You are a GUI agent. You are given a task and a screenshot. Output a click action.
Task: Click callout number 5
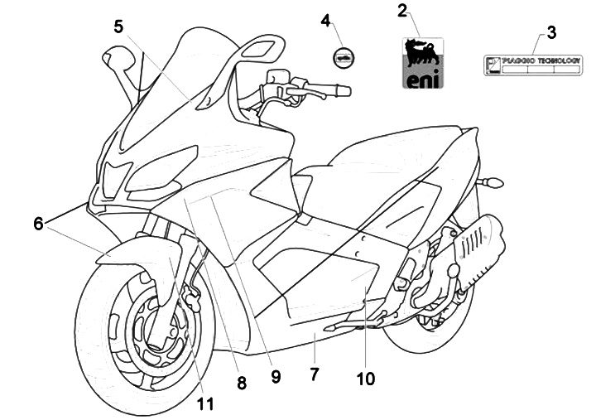click(x=119, y=26)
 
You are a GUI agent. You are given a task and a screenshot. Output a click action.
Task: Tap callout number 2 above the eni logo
click(x=402, y=11)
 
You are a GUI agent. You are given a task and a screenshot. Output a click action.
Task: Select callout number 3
click(x=551, y=32)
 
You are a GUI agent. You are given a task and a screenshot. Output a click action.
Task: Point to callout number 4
click(x=325, y=18)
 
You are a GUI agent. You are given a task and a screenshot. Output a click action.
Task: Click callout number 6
click(x=38, y=223)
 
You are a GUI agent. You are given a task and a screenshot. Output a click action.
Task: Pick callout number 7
click(x=314, y=374)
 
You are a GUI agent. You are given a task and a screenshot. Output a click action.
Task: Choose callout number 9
click(x=276, y=376)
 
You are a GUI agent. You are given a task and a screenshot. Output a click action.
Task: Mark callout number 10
click(x=365, y=379)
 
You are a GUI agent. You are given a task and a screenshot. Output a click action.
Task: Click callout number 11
click(x=205, y=403)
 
